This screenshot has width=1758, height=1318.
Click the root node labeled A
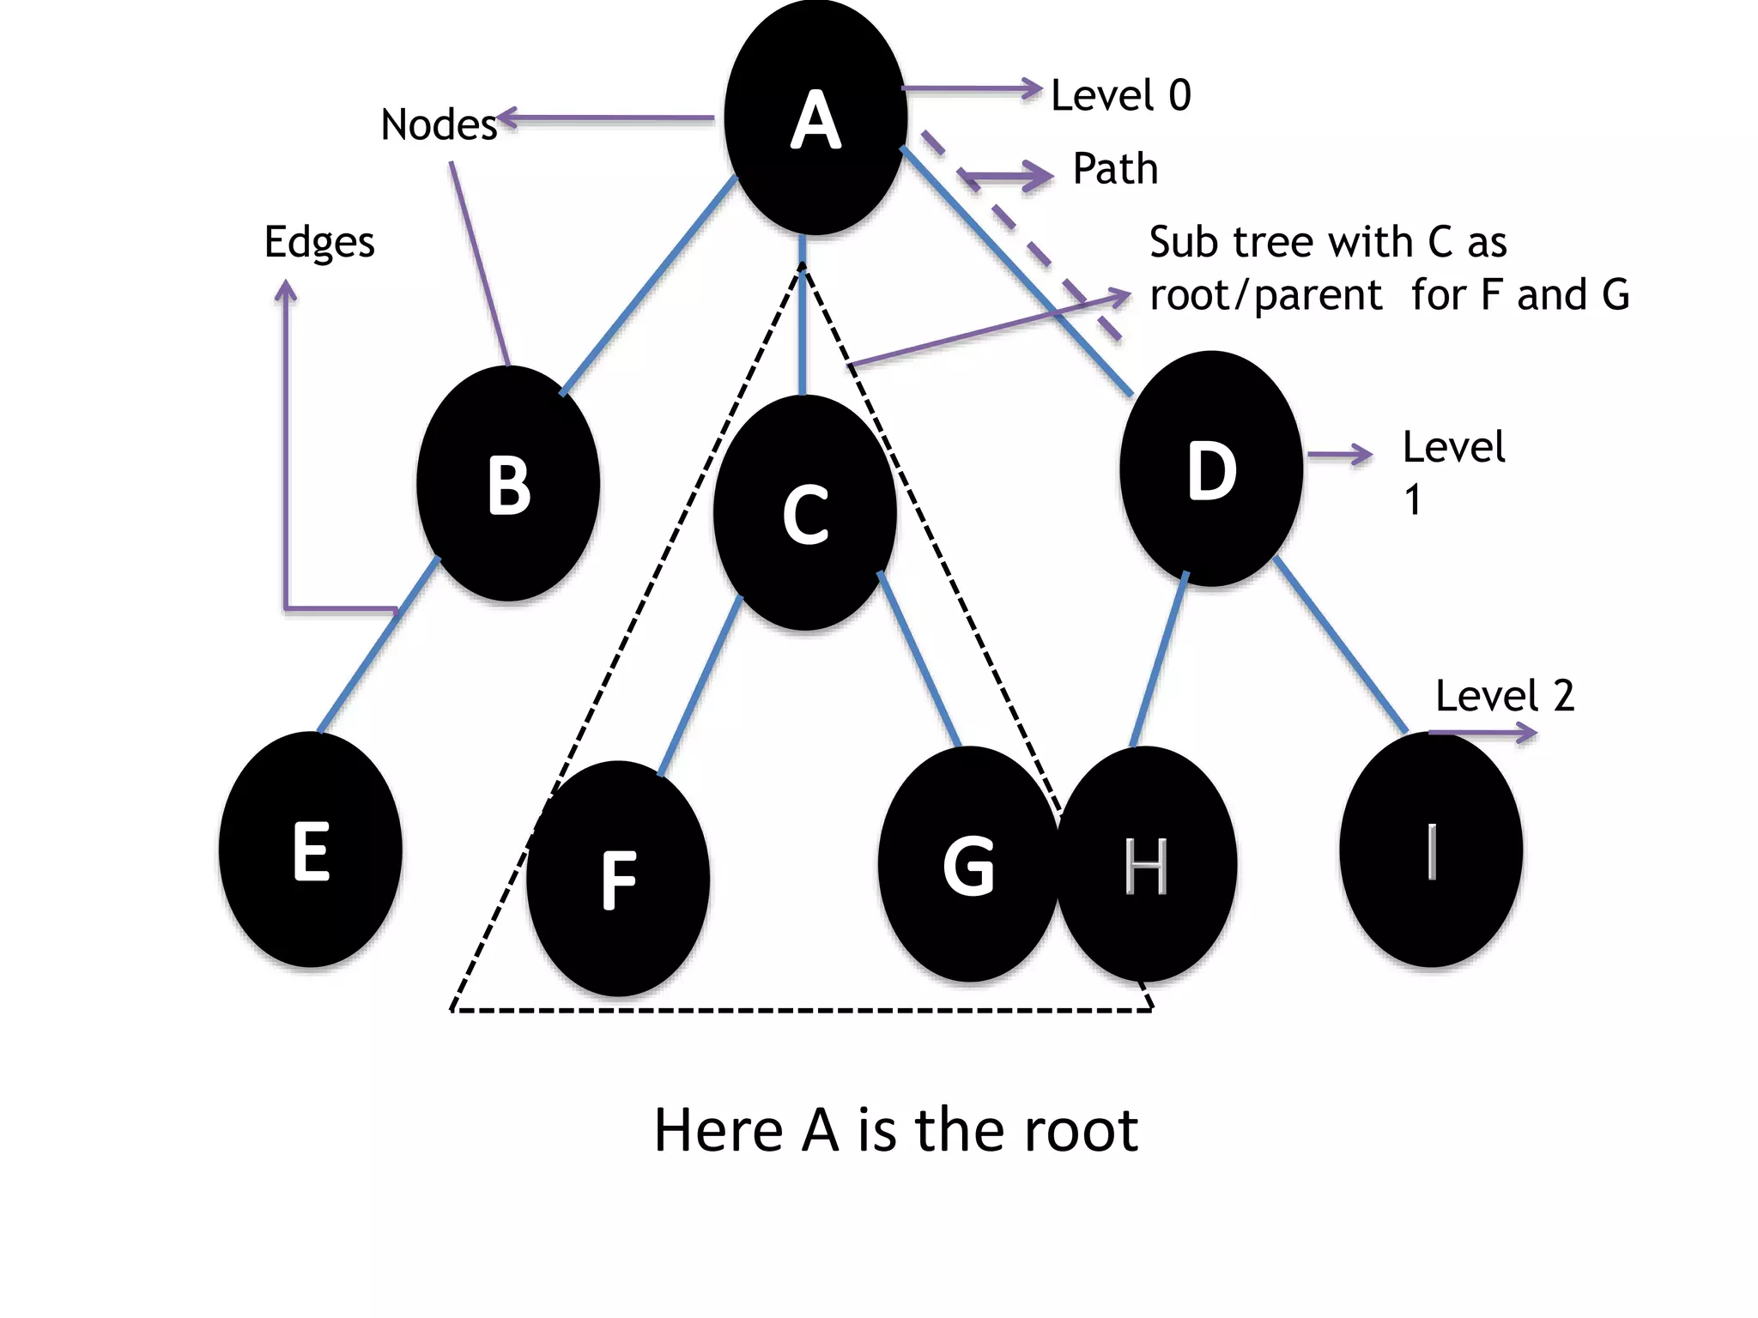pyautogui.click(x=815, y=118)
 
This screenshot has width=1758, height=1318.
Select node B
pyautogui.click(x=508, y=484)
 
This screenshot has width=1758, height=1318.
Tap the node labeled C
pyautogui.click(x=805, y=513)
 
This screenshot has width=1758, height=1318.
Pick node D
pyautogui.click(x=1211, y=469)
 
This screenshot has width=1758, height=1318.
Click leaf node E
pyautogui.click(x=311, y=849)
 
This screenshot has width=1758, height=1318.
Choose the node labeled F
pyautogui.click(x=618, y=879)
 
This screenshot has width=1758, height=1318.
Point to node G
pyautogui.click(x=968, y=865)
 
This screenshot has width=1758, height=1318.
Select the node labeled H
pyautogui.click(x=1147, y=865)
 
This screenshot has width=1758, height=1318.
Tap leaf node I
pyautogui.click(x=1431, y=849)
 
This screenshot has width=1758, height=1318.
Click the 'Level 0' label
pyautogui.click(x=1120, y=95)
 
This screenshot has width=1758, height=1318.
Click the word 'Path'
pyautogui.click(x=1115, y=169)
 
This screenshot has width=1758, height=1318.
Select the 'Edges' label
pyautogui.click(x=319, y=242)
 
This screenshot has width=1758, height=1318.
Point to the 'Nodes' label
pyautogui.click(x=439, y=125)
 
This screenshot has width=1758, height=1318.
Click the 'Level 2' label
pyautogui.click(x=1505, y=696)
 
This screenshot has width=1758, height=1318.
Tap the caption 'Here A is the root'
pyautogui.click(x=895, y=1130)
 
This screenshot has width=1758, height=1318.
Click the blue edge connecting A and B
pyautogui.click(x=649, y=285)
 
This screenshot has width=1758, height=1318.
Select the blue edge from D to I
pyautogui.click(x=1341, y=645)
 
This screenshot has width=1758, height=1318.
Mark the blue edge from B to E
pyautogui.click(x=379, y=645)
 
